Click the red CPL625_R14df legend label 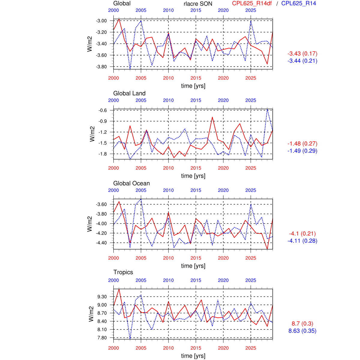click(x=252, y=3)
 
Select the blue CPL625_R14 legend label click(x=298, y=3)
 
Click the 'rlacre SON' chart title click(x=198, y=4)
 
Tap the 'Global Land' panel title click(x=129, y=93)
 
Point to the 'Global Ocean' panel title click(x=131, y=183)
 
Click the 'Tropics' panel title click(x=123, y=272)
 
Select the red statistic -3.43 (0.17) click(x=302, y=54)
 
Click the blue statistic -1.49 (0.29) click(x=302, y=151)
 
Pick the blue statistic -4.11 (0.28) click(x=302, y=241)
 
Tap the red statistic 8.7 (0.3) click(x=302, y=324)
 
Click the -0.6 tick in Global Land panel click(x=103, y=110)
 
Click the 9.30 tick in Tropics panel click(x=102, y=297)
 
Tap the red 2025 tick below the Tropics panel click(x=251, y=348)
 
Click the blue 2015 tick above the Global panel click(x=196, y=10)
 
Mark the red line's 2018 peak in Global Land click(x=212, y=117)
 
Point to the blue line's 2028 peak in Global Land click(x=267, y=109)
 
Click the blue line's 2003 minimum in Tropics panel click(x=130, y=338)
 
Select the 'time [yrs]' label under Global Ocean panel click(x=193, y=266)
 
